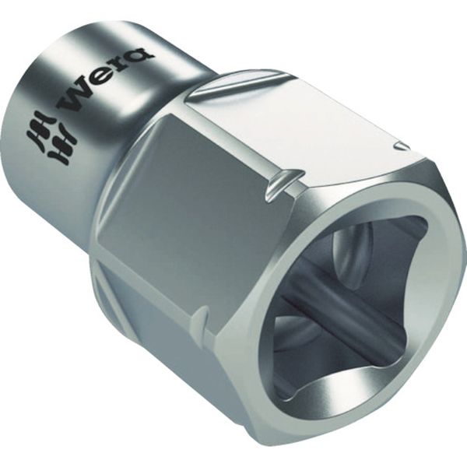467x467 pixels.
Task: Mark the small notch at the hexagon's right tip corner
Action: (x=402, y=146)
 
